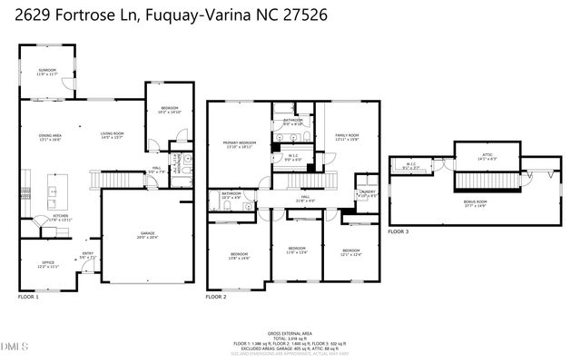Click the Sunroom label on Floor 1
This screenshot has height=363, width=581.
pyautogui.click(x=47, y=73)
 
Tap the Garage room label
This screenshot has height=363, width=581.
pyautogui.click(x=147, y=234)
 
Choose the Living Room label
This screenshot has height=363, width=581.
pyautogui.click(x=112, y=136)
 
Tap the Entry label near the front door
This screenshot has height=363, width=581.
pyautogui.click(x=88, y=256)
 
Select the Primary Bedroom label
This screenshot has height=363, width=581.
pyautogui.click(x=241, y=144)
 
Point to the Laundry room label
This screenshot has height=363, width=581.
pyautogui.click(x=368, y=193)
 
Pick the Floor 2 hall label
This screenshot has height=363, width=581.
pyautogui.click(x=306, y=198)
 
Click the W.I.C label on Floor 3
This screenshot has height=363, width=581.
pyautogui.click(x=410, y=165)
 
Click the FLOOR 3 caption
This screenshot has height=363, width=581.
pyautogui.click(x=398, y=232)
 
